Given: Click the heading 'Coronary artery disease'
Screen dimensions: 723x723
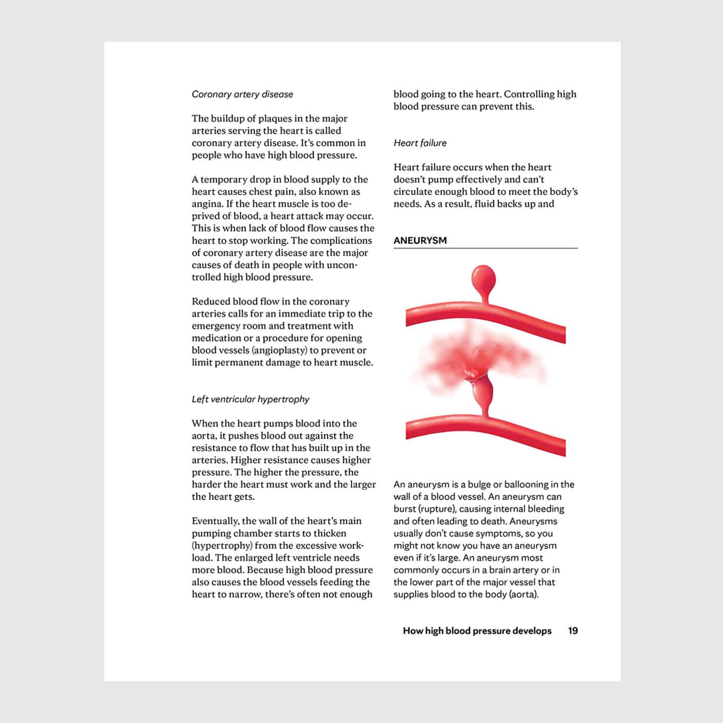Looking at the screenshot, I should [242, 95].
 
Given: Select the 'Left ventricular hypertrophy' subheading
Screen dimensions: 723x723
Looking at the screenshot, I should [250, 399].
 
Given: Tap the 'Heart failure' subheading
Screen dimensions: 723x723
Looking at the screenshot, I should [420, 143].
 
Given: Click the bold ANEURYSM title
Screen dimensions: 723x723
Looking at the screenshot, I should [420, 241].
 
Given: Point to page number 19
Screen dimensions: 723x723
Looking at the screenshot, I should [573, 631].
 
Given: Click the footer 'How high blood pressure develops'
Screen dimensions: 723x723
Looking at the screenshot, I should [477, 631].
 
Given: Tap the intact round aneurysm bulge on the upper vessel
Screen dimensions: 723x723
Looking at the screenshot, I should [483, 279].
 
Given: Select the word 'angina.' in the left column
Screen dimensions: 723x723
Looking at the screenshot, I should [207, 204].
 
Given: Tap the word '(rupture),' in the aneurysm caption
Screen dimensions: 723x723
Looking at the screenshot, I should [437, 509].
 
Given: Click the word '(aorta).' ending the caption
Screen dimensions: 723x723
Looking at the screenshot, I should [524, 594].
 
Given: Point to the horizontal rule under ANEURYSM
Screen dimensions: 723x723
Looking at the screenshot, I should [485, 248].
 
